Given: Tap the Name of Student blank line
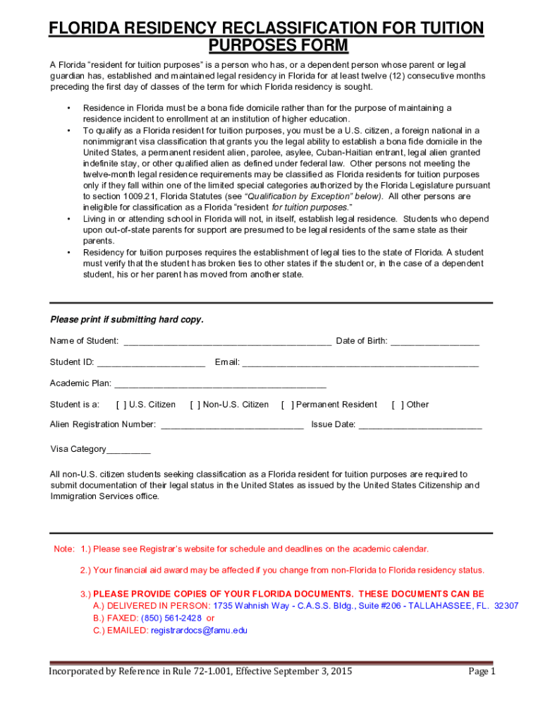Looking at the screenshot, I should tap(227, 342).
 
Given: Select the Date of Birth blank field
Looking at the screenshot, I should tap(434, 342).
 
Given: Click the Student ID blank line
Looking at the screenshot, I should tap(151, 363).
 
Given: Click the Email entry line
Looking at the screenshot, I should tap(360, 363).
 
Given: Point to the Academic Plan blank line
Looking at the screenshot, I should tap(220, 384).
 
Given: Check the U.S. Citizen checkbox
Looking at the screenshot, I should tap(121, 405).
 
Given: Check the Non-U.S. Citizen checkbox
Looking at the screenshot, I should tap(195, 405).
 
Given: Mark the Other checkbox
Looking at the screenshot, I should tap(398, 405).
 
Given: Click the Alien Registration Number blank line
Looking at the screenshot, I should tap(232, 425).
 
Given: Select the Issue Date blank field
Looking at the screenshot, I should tap(420, 425).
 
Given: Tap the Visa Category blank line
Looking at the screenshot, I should tap(128, 450).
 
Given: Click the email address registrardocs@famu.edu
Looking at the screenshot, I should tap(200, 631).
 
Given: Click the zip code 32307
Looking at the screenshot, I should tap(506, 606).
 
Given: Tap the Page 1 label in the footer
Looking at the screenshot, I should tap(482, 671).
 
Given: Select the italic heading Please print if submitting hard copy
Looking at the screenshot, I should tap(127, 320).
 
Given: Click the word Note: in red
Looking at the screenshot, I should tap(65, 549).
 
